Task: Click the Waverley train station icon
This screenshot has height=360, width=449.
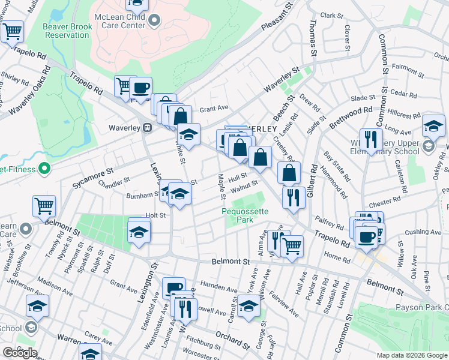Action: point(146,127)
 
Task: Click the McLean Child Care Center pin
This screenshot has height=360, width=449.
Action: point(154,21)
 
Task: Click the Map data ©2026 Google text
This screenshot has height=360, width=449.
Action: point(412,355)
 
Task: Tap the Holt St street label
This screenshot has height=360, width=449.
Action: point(155,215)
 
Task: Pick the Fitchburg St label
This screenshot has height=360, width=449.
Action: point(205,345)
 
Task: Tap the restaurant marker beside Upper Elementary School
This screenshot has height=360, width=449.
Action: point(371,141)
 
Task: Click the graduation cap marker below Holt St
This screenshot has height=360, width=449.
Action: point(139,232)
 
